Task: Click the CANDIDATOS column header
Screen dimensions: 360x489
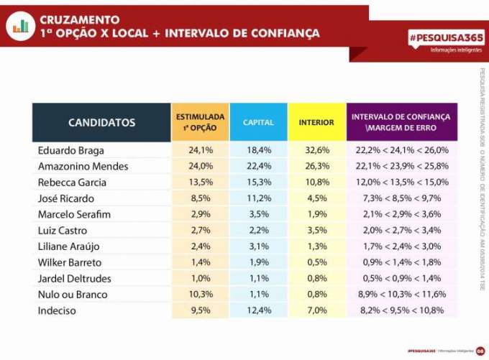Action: [x=101, y=122]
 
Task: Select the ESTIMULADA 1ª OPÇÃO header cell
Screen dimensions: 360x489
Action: [x=200, y=122]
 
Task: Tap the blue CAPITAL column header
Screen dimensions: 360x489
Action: [x=258, y=122]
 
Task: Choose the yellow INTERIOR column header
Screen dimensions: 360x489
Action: [x=316, y=122]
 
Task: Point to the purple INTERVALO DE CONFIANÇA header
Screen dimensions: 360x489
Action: [x=401, y=122]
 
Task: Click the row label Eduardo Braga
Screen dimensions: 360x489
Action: [x=70, y=150]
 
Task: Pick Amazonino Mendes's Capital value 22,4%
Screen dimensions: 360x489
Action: [x=258, y=166]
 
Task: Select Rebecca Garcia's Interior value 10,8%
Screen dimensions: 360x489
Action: [x=316, y=182]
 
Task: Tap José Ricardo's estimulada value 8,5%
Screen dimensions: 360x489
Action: [x=200, y=198]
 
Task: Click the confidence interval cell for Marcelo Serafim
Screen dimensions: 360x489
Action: [x=401, y=214]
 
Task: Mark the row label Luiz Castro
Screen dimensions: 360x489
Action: [x=64, y=230]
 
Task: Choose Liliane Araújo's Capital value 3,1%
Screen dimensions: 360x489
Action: [x=258, y=246]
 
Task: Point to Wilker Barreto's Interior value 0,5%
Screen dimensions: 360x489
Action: [x=316, y=262]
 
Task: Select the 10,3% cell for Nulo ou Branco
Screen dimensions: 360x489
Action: [x=200, y=294]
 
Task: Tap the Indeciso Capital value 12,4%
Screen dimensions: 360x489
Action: [x=258, y=310]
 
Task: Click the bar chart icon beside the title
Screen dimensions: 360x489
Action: [x=21, y=26]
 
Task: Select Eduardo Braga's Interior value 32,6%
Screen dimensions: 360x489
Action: [x=316, y=150]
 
